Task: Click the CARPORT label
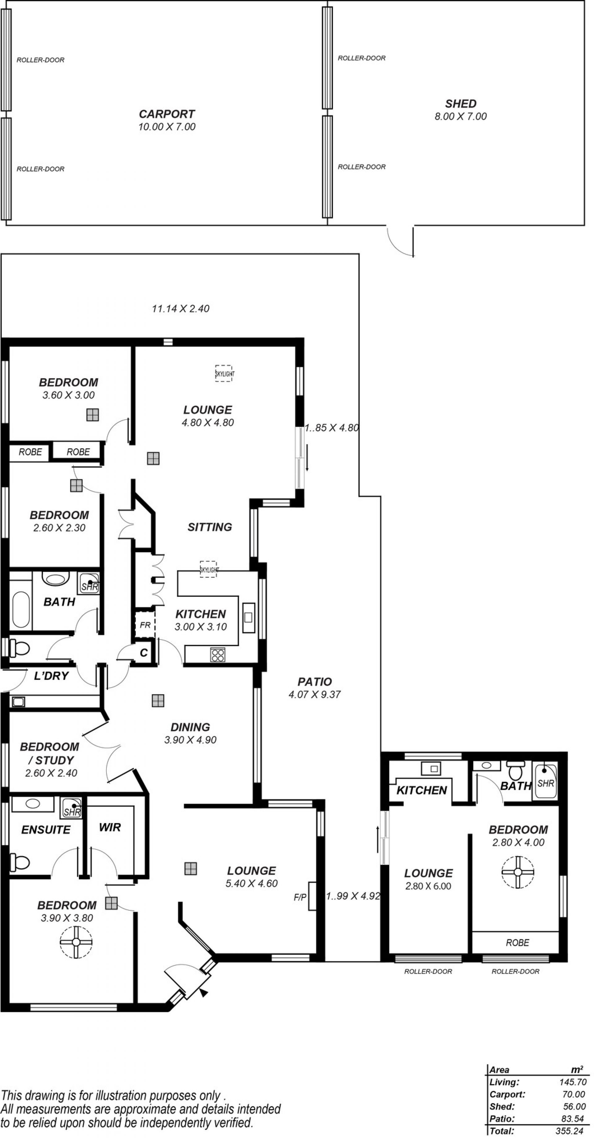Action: [x=166, y=114]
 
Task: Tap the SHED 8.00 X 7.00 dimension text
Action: [x=461, y=117]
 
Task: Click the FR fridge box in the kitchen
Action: [x=145, y=625]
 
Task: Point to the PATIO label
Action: [x=314, y=682]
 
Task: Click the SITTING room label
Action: [x=210, y=527]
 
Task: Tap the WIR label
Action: [x=110, y=827]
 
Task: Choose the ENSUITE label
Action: [x=46, y=830]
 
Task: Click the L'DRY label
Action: [x=51, y=676]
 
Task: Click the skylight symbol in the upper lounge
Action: [x=223, y=373]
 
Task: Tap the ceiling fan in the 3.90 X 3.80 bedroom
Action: [x=76, y=942]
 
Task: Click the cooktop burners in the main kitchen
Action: [x=218, y=654]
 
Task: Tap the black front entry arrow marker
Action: [x=203, y=993]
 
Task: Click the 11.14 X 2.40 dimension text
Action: [x=181, y=308]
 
